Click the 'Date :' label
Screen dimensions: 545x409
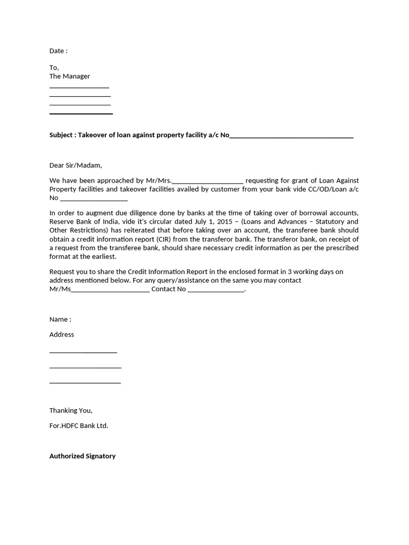pos(59,51)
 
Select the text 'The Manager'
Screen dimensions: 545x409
pos(70,76)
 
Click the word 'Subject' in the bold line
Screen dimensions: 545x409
pos(61,135)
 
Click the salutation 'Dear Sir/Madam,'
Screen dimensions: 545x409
pos(75,166)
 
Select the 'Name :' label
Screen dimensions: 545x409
pos(60,319)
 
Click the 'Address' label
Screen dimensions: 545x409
pos(62,334)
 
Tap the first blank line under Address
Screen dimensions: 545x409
pos(83,352)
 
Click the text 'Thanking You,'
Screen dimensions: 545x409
pos(71,410)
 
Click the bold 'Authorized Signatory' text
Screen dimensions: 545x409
pos(83,456)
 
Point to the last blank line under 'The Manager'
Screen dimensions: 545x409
pos(81,113)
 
